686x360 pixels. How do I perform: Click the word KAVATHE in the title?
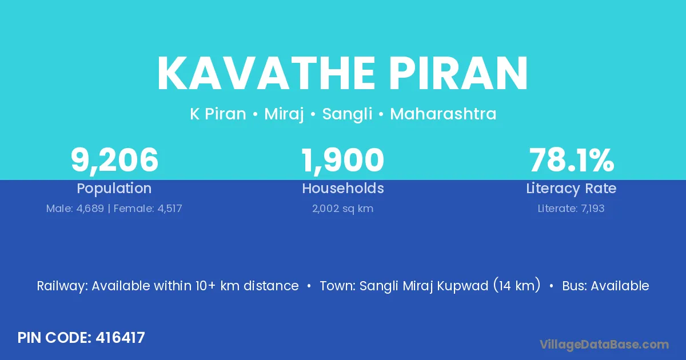(x=266, y=73)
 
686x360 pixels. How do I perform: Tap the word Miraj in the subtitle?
(x=284, y=114)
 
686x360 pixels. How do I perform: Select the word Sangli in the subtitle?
(x=347, y=114)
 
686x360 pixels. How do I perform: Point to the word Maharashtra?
(x=443, y=114)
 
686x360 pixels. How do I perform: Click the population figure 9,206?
(x=114, y=161)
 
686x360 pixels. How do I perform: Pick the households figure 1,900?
(x=342, y=161)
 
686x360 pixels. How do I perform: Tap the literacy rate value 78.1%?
(x=572, y=160)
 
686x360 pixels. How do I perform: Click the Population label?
(x=114, y=189)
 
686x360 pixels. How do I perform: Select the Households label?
(x=343, y=188)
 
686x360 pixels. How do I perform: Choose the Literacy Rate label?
(x=571, y=189)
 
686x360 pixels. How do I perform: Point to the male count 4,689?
(x=90, y=209)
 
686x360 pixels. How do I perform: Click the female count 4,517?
(x=170, y=209)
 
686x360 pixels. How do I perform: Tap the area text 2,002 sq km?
(x=342, y=209)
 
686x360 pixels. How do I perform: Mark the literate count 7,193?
(x=593, y=209)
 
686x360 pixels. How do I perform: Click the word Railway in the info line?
(x=62, y=286)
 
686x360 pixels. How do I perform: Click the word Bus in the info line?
(x=573, y=286)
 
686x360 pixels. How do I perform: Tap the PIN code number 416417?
(x=121, y=338)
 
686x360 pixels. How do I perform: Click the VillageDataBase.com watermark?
(x=604, y=345)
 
